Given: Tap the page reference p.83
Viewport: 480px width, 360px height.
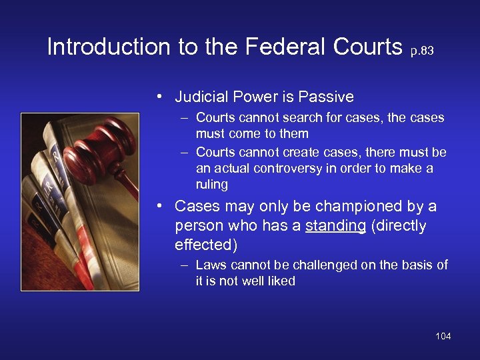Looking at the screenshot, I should click(421, 51).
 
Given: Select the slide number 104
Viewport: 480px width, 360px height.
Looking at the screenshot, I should click(443, 336).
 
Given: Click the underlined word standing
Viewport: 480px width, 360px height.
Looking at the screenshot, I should click(335, 226).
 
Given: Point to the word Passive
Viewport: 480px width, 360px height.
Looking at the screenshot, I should click(327, 97).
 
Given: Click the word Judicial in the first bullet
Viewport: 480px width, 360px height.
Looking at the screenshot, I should click(199, 97).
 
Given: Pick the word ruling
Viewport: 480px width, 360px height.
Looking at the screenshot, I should click(212, 184).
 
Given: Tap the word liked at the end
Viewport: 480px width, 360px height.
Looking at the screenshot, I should click(281, 281).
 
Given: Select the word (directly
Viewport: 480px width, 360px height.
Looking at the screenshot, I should click(399, 226).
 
